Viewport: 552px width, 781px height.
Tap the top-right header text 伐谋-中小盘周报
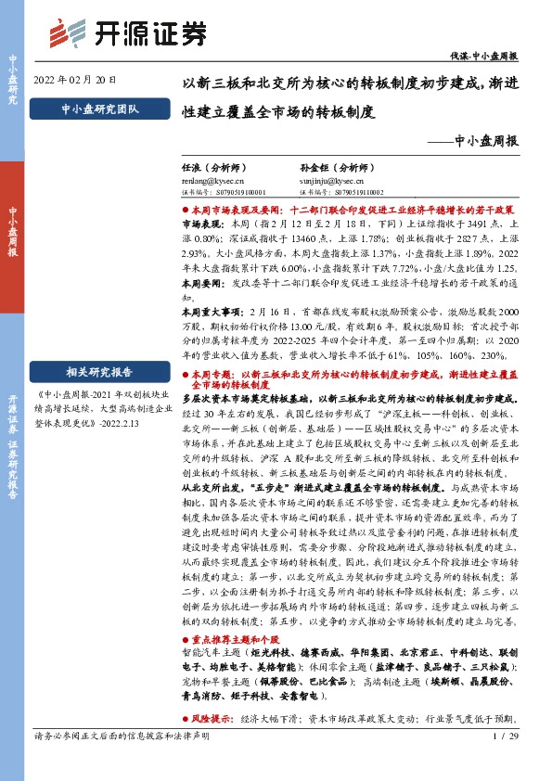pyautogui.click(x=486, y=56)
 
